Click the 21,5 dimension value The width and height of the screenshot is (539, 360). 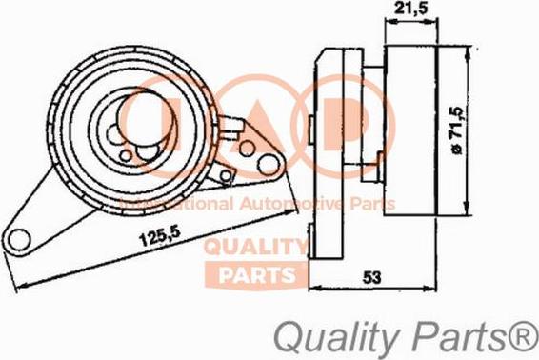[x=410, y=8]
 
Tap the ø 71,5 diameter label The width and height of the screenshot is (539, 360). [x=458, y=130]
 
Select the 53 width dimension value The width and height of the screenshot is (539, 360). [x=372, y=277]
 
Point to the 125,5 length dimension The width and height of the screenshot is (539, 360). [x=160, y=236]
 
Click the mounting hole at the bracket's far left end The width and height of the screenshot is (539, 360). [x=19, y=240]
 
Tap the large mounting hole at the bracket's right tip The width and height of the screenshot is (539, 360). [x=269, y=166]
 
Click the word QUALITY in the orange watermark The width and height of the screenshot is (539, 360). [x=255, y=248]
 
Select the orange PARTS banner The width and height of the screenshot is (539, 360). [x=256, y=274]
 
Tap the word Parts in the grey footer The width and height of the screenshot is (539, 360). [x=457, y=332]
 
